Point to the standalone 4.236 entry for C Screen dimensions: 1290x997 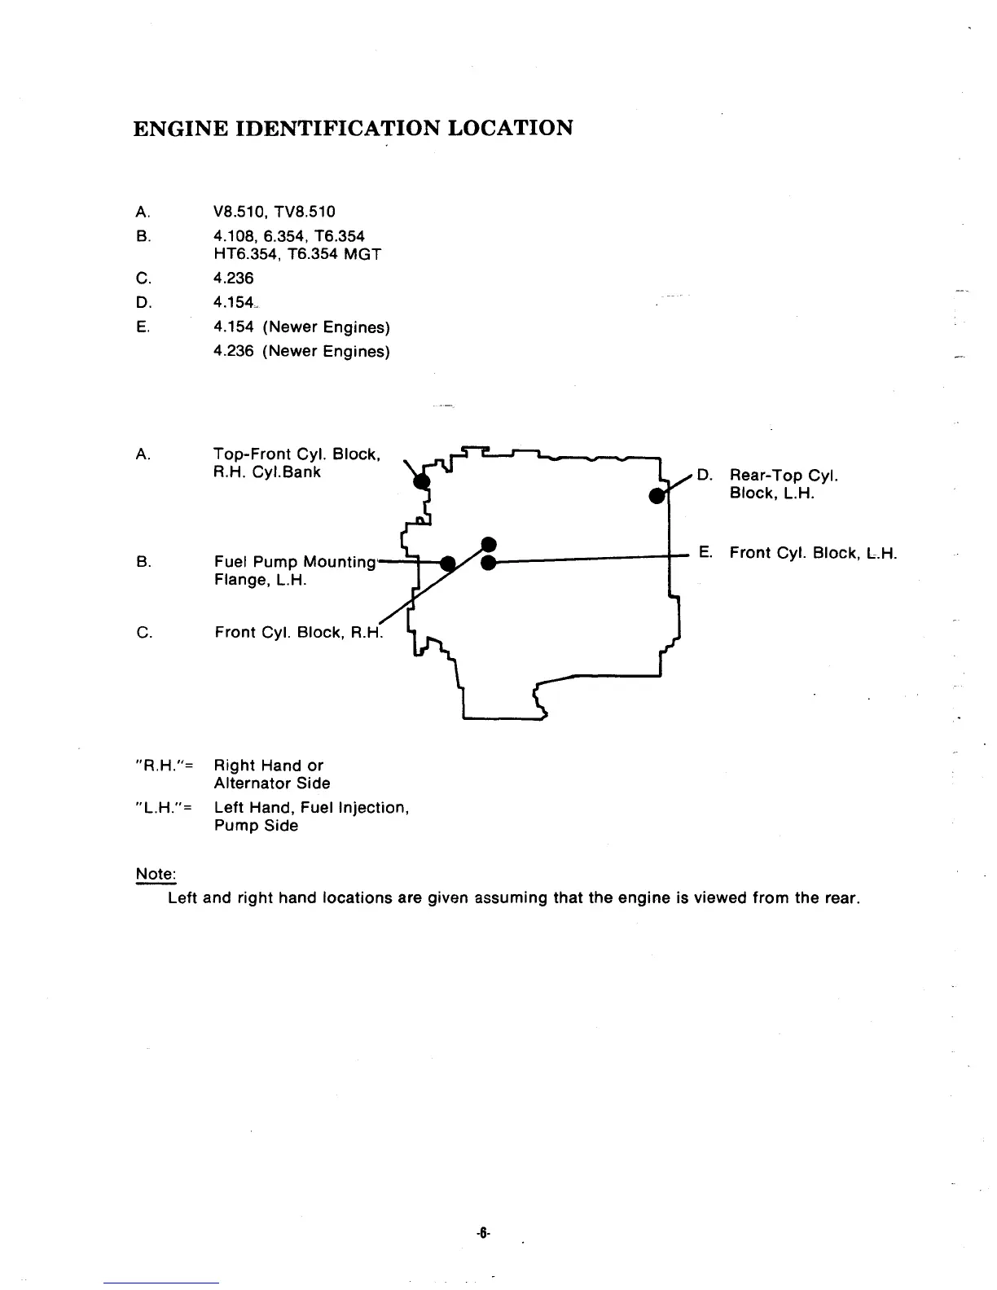coord(233,279)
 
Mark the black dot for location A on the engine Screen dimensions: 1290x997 coord(421,480)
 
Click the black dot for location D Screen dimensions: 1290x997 coord(656,495)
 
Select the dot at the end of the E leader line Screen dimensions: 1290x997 coord(488,563)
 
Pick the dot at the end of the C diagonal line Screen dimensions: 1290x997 coord(488,544)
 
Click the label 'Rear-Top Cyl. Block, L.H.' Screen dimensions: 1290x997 coord(784,485)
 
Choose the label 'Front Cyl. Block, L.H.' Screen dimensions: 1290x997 coord(813,554)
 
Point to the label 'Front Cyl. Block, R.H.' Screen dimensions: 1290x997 coord(298,633)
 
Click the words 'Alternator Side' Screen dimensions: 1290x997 coord(272,783)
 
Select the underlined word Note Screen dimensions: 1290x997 coord(155,875)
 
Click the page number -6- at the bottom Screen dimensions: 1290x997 coord(482,1234)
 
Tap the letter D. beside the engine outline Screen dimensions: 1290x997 coord(706,475)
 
